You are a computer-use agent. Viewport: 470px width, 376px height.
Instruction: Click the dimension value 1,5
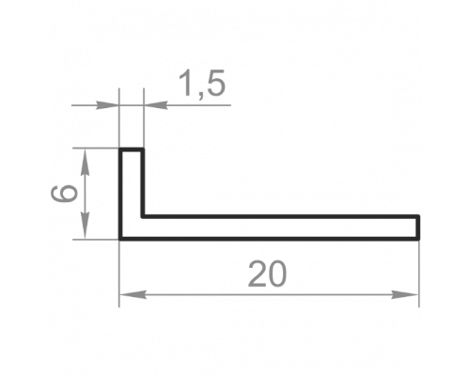202,83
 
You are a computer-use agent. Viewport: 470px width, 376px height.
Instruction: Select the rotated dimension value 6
64,193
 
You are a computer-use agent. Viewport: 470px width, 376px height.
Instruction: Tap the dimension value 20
267,274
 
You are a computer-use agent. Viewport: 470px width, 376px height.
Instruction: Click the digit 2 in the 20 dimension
258,274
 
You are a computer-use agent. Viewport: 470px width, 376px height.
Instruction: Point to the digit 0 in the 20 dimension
277,274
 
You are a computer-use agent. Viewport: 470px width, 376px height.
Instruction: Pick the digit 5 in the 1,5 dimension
216,83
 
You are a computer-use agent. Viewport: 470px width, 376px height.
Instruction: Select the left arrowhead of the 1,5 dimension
107,105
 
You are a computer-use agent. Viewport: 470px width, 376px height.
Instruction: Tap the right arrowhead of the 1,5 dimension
155,105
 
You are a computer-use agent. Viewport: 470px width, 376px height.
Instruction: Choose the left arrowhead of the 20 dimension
133,294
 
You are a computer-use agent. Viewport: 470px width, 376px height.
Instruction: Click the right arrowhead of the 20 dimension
405,294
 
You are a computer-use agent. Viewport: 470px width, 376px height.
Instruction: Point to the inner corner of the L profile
143,216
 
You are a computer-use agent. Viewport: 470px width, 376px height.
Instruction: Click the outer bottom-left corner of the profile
120,239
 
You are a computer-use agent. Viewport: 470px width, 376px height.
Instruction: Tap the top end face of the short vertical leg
132,149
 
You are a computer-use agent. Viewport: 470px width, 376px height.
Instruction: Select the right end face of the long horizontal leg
417,227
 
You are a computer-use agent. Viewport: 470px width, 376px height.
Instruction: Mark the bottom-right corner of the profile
418,239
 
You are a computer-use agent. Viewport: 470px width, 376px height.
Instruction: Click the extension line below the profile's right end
418,274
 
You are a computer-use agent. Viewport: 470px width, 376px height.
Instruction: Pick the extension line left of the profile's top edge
96,149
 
